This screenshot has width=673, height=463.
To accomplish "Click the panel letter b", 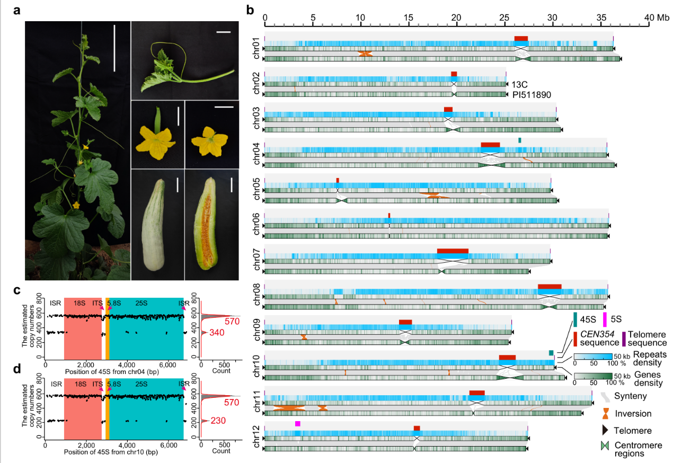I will coord(251,10).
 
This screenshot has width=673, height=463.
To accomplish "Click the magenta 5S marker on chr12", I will coord(298,424).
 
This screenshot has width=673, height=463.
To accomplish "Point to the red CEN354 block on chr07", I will coord(453,251).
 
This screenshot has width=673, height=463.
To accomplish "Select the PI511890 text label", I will coord(532,95).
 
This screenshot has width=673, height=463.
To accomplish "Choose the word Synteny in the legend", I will coord(631,396).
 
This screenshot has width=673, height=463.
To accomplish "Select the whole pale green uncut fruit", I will coord(157,224).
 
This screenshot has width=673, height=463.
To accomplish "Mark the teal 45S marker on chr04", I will coord(520,140).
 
